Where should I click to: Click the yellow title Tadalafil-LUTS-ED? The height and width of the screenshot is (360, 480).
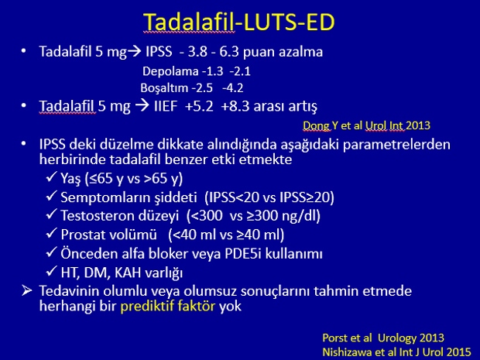[239, 22]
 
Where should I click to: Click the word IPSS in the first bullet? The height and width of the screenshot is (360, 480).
[159, 51]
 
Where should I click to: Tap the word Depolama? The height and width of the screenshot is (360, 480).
[170, 72]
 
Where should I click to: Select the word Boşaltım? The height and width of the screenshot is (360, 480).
[164, 88]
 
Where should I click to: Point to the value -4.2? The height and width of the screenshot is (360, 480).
[233, 88]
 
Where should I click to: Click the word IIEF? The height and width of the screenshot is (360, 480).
[166, 106]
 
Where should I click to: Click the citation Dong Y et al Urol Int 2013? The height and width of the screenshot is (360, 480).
[366, 125]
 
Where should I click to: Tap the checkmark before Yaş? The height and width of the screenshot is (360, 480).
[51, 177]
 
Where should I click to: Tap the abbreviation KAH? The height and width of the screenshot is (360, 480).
[127, 273]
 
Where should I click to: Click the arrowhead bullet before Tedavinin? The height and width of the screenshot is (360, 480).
[27, 290]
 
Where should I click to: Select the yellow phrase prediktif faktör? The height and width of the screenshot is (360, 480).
[168, 306]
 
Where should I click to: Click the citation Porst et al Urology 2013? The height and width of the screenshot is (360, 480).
[383, 338]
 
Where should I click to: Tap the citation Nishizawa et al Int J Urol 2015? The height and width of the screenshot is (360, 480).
[396, 351]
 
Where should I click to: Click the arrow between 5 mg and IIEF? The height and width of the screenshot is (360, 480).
[142, 106]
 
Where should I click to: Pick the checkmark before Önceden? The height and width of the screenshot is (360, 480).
[51, 252]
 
